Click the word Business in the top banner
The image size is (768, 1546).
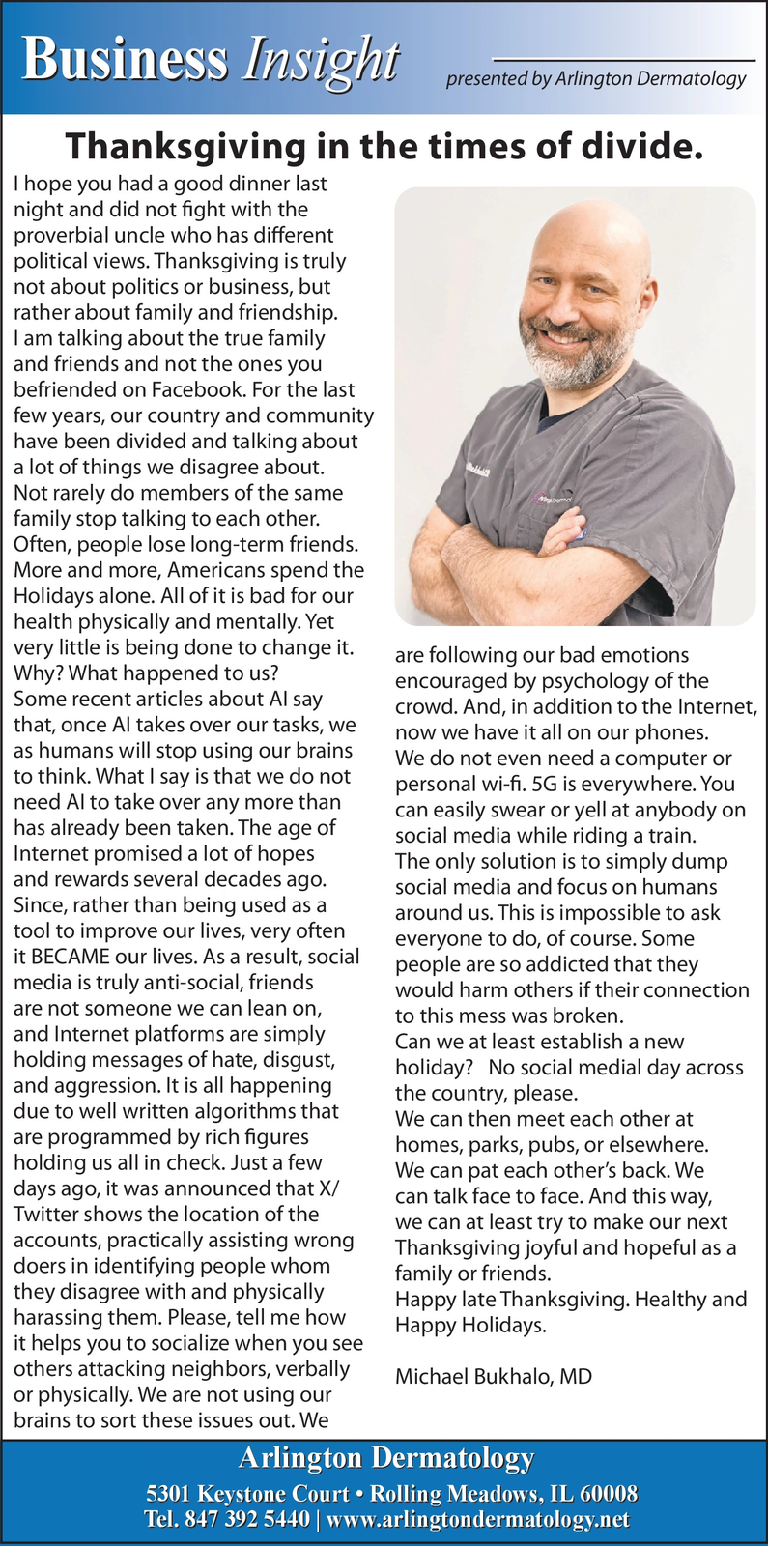(x=126, y=60)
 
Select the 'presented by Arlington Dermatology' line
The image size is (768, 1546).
(x=596, y=79)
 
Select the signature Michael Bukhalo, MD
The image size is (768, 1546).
(x=494, y=1377)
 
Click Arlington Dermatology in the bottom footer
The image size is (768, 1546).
(x=385, y=1458)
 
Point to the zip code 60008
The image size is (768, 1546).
(x=607, y=1494)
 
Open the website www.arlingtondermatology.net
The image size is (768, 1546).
(x=478, y=1520)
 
